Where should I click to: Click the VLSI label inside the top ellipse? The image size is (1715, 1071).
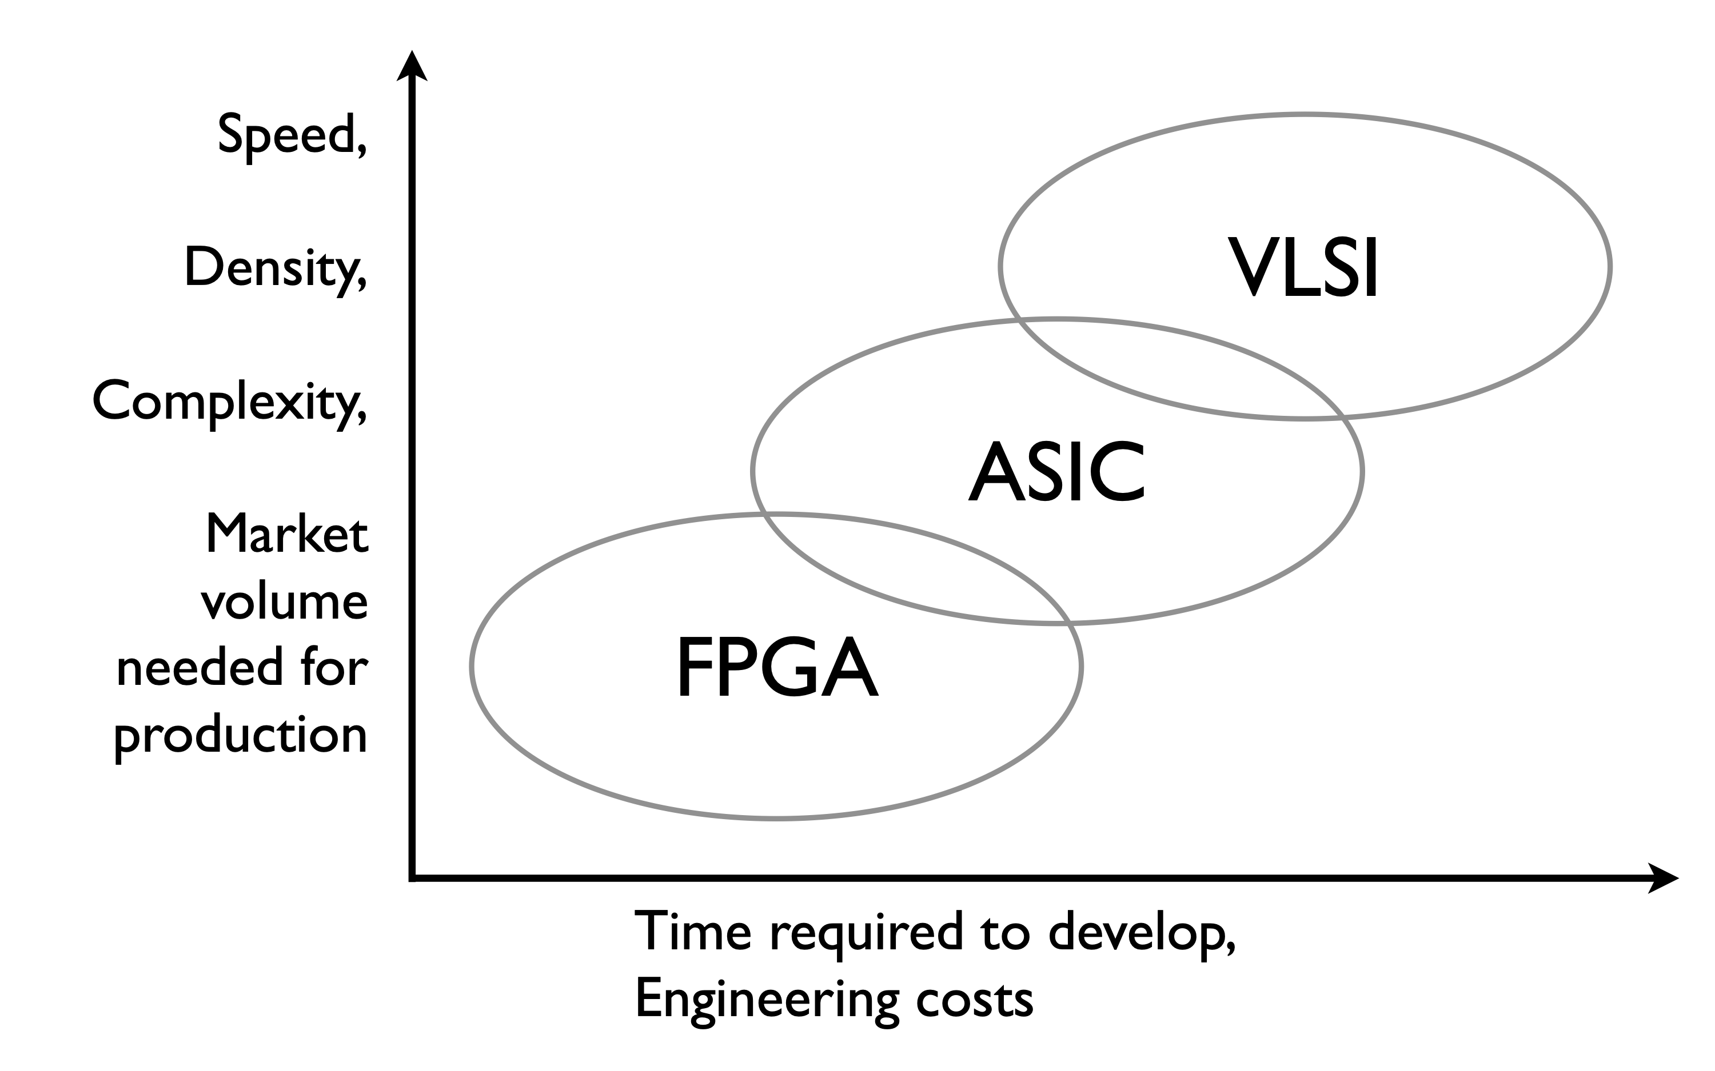[x=1303, y=268]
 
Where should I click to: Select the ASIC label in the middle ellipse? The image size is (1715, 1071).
[x=1056, y=472]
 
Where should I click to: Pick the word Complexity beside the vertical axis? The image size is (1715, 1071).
[x=224, y=402]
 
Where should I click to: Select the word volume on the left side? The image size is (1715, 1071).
[x=284, y=601]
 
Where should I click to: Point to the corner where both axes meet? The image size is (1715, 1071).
[x=412, y=879]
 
